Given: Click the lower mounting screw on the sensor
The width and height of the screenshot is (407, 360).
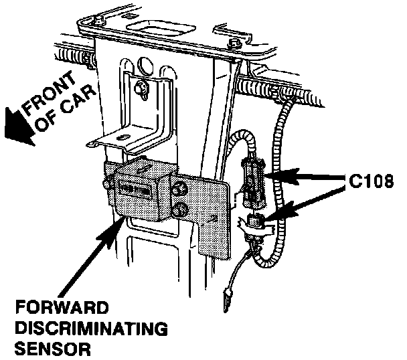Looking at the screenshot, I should [x=179, y=211].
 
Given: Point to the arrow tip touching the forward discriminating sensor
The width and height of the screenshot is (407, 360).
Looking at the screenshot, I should [x=121, y=218].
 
